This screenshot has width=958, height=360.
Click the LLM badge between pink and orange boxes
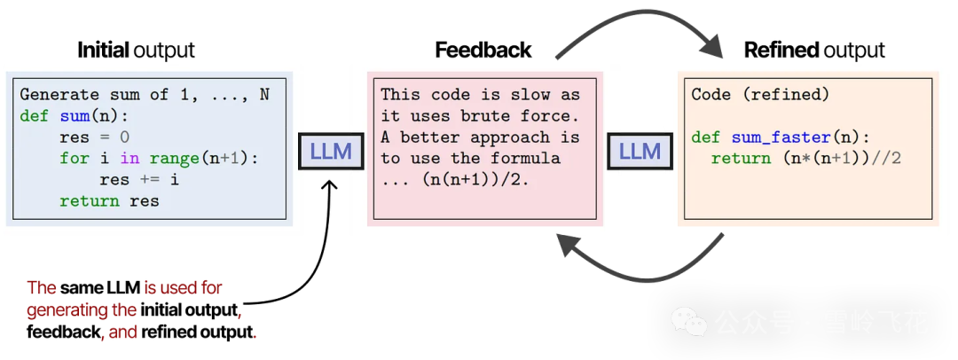[x=639, y=152]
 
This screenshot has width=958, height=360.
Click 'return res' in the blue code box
[x=109, y=200]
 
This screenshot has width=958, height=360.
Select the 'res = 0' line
[x=94, y=137]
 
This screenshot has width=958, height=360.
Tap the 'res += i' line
[x=139, y=179]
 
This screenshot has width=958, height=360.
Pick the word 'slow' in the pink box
[x=537, y=94]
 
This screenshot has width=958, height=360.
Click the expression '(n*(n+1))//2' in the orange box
[x=831, y=158]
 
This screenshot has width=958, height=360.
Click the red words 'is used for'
[x=183, y=288]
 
